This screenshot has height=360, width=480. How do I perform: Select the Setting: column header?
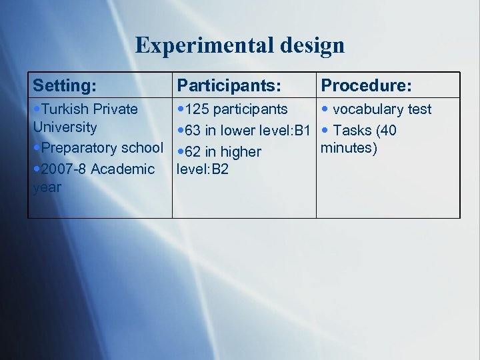tap(65, 85)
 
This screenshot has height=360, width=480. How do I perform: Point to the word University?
tap(65, 127)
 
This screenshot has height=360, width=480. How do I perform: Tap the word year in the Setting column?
tap(47, 187)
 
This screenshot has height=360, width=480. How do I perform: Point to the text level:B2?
tap(202, 169)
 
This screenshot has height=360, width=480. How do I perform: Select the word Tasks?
tap(355, 131)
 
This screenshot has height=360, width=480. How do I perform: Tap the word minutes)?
tap(349, 147)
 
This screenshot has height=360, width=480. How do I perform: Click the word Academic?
tap(123, 169)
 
